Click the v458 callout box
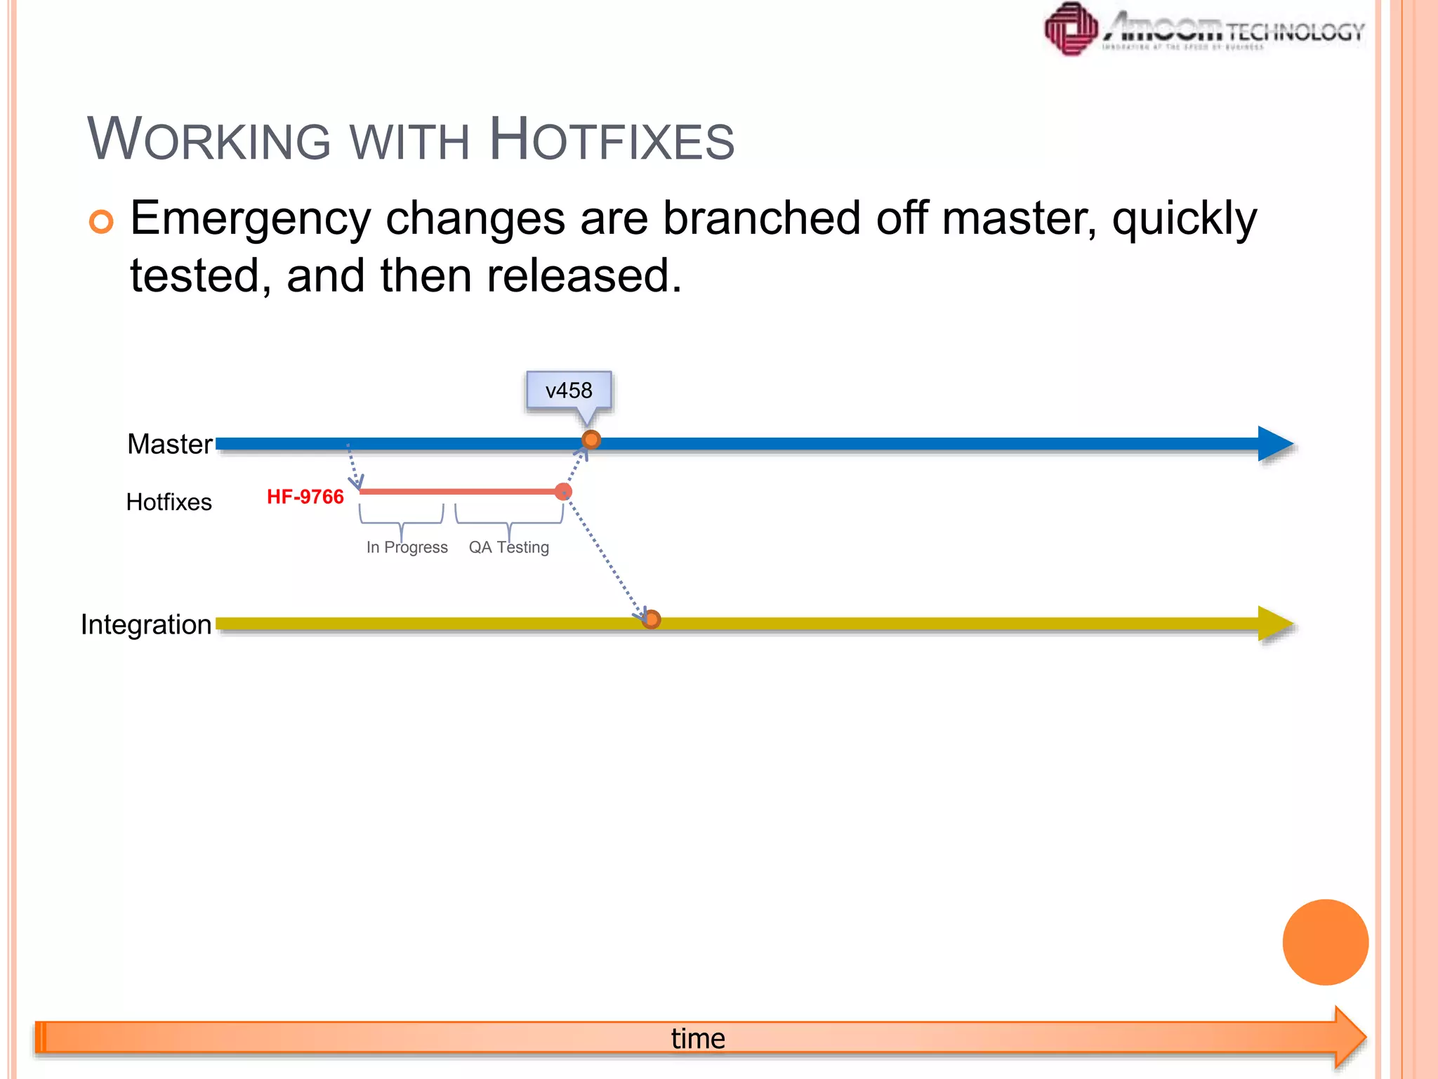tap(569, 391)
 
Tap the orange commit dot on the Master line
tap(591, 440)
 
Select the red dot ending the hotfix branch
tap(563, 492)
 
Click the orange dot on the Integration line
tap(652, 620)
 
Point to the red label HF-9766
tap(305, 497)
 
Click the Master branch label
tap(169, 444)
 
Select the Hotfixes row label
tap(169, 502)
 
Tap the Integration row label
tap(146, 624)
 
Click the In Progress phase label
tap(407, 547)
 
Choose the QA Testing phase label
tap(509, 547)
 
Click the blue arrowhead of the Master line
tap(1274, 444)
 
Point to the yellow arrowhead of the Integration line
tap(1274, 624)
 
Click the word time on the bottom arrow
tap(698, 1038)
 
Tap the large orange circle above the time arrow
tap(1325, 942)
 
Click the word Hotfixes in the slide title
tap(612, 140)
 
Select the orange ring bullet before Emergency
tap(101, 222)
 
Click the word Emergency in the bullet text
tap(251, 219)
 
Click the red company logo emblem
tap(1071, 30)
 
